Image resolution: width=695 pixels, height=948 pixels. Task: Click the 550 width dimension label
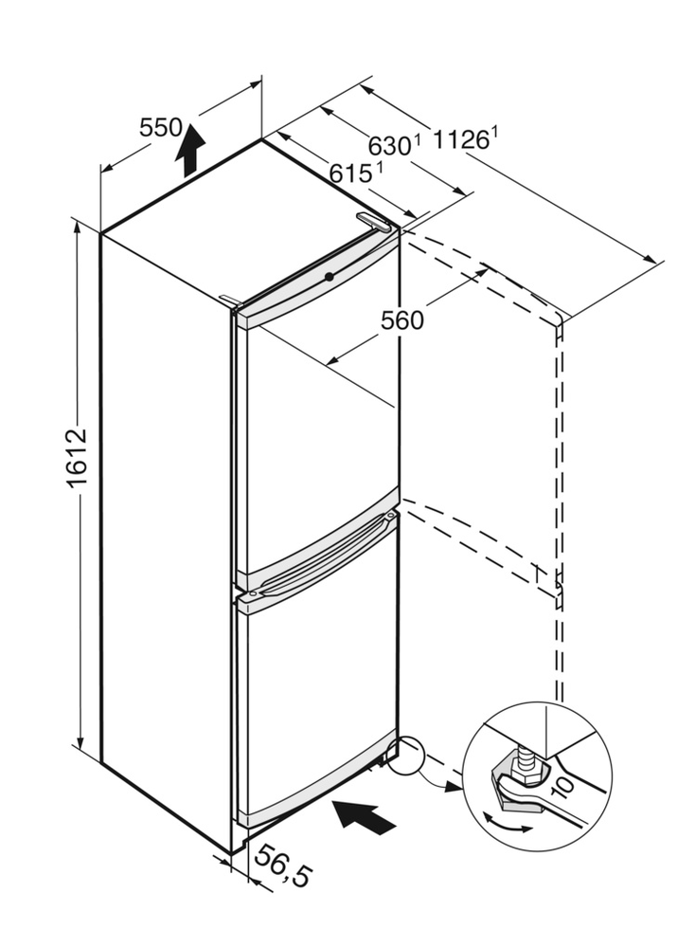point(159,128)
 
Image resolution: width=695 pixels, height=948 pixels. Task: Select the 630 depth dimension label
point(389,146)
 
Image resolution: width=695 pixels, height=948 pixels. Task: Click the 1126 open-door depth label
point(461,141)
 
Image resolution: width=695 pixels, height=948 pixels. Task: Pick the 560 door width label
point(402,320)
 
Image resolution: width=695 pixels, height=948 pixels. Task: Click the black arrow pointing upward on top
point(190,149)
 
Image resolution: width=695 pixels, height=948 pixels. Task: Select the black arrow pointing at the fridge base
point(365,815)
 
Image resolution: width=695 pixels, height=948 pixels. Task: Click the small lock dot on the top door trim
point(328,276)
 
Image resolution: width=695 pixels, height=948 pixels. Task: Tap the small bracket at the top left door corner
point(228,300)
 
